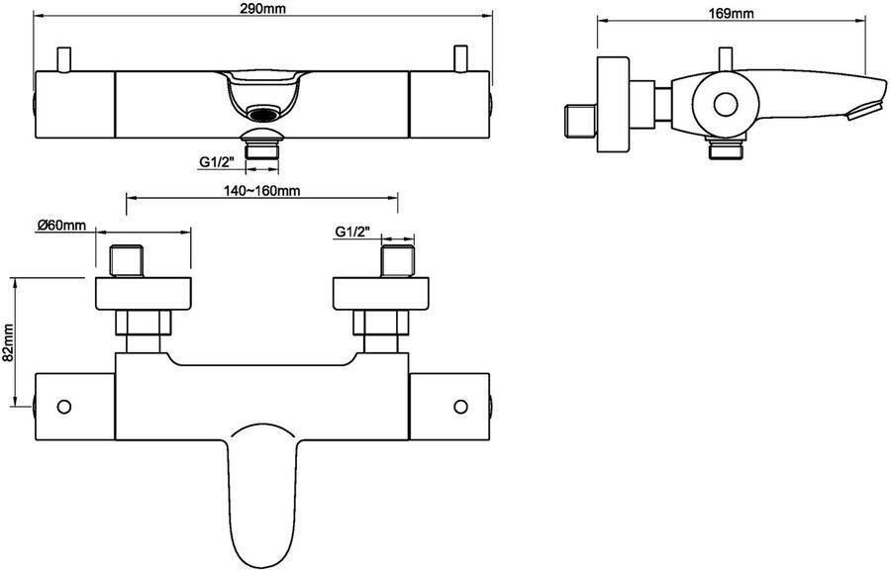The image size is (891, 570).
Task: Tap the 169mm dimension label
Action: pos(731,13)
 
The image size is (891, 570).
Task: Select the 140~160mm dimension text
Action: pos(262,190)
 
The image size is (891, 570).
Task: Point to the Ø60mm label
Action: pos(61,226)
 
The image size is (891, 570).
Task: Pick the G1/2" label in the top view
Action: pos(216,162)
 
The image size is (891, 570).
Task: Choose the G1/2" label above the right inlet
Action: pos(352,232)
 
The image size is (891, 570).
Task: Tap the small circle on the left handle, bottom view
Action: pos(64,407)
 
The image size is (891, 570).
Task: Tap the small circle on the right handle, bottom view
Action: pos(460,407)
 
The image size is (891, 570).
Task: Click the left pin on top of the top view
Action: pos(63,59)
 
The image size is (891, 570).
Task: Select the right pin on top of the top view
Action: pos(459,59)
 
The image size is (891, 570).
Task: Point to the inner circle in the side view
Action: pos(725,105)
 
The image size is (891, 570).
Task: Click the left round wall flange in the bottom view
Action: pos(143,294)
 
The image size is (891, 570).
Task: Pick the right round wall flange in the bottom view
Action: pos(381,294)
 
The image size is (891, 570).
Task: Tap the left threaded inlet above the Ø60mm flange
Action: pos(126,261)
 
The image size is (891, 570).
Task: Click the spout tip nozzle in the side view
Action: pos(865,109)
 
